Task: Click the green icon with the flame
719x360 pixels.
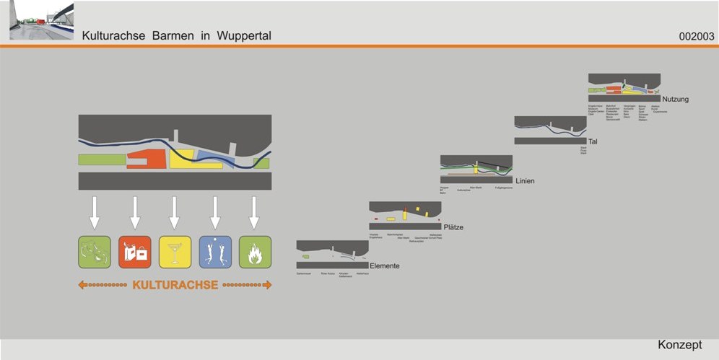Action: coord(255,252)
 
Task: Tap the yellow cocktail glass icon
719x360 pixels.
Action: coord(175,252)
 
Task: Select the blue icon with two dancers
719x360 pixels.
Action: coord(215,252)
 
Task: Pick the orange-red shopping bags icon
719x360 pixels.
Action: coord(135,252)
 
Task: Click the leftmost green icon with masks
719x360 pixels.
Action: coord(95,252)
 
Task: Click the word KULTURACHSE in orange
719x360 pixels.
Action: coord(175,285)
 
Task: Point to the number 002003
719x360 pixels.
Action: coord(696,36)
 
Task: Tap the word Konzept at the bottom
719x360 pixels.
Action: coord(679,346)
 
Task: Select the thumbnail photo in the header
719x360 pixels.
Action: coord(41,21)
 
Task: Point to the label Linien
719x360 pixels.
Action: coord(525,180)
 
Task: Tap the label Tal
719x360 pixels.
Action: coord(593,141)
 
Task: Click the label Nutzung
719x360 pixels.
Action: coord(676,99)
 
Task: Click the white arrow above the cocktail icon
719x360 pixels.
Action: coord(174,213)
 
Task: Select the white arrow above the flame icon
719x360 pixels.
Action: coord(254,213)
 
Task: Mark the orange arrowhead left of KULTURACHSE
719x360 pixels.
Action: coord(82,285)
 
